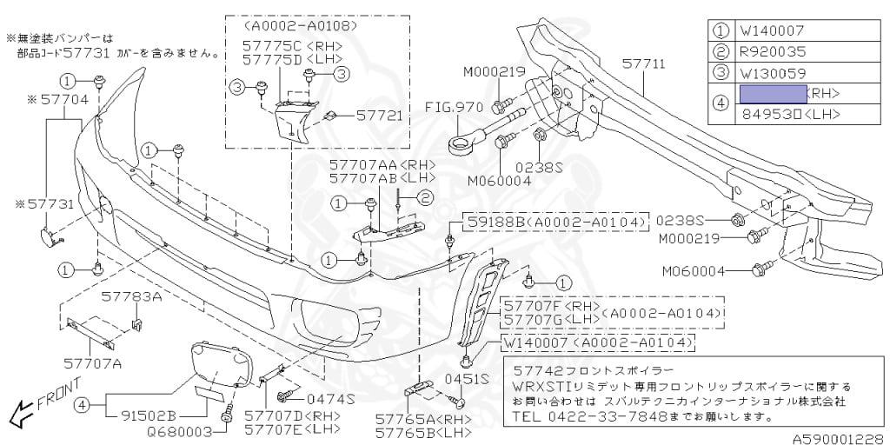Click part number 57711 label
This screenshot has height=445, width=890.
[x=644, y=63]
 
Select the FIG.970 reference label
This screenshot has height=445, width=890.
[x=454, y=109]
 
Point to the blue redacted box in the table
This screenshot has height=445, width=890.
[x=771, y=93]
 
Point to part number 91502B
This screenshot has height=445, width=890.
[x=146, y=415]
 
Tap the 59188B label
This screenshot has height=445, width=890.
[x=493, y=223]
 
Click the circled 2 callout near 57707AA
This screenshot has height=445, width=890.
[x=425, y=197]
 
